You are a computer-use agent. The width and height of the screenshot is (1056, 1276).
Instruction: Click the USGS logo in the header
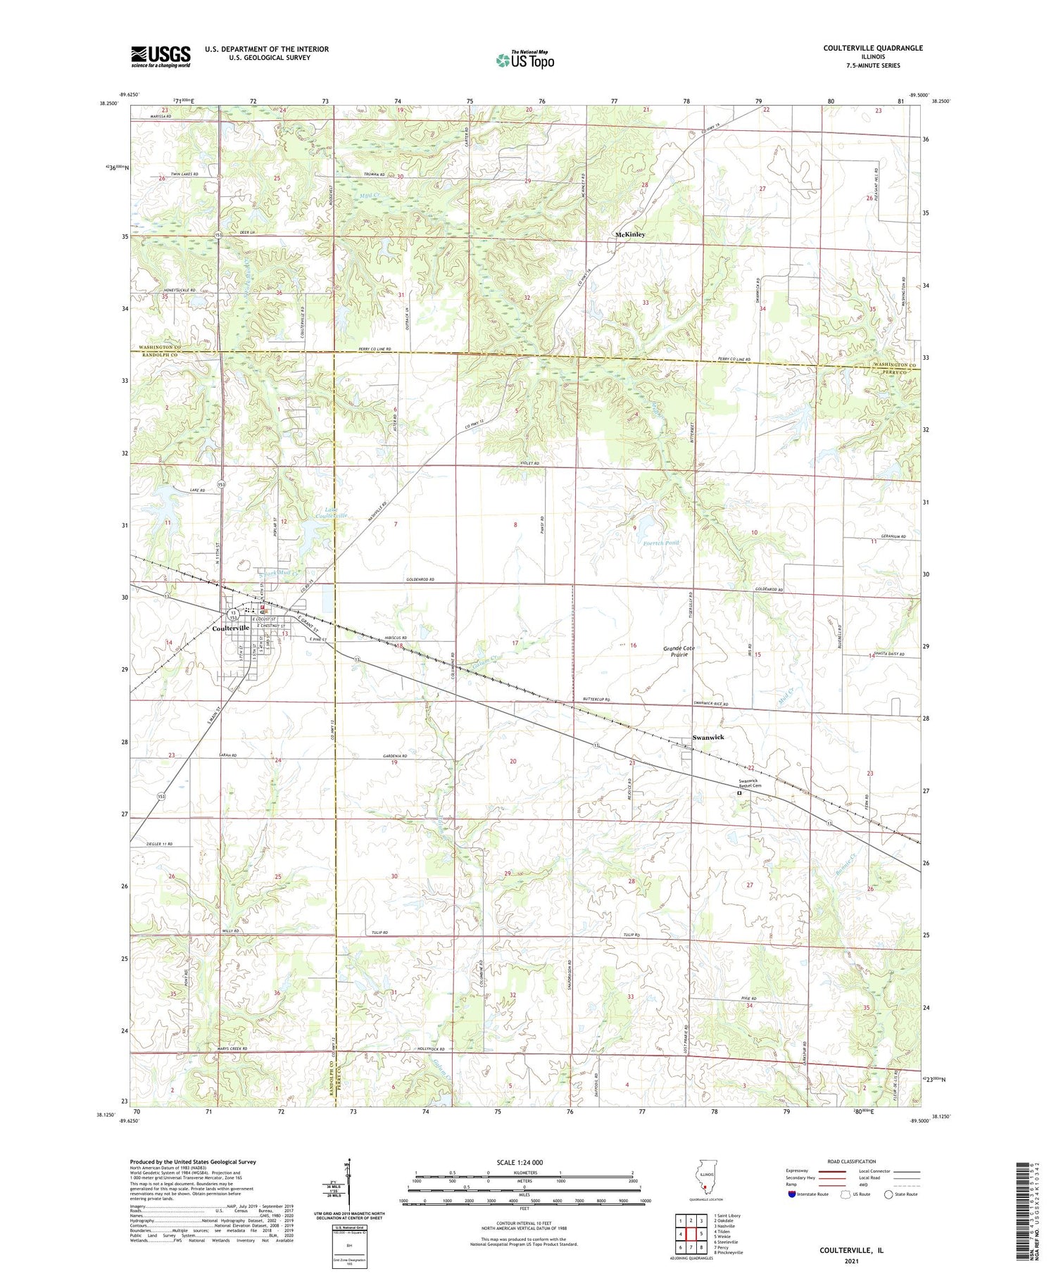(x=161, y=56)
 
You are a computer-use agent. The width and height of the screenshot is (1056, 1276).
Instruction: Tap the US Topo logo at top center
(x=524, y=60)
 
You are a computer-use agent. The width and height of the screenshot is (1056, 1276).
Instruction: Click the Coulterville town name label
(x=230, y=628)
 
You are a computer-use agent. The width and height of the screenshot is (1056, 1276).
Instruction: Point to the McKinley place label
(x=630, y=234)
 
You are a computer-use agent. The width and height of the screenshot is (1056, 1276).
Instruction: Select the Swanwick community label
(x=708, y=737)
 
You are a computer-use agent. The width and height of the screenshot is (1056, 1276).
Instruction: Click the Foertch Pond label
(x=662, y=543)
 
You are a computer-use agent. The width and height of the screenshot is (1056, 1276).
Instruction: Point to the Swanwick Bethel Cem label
(x=748, y=783)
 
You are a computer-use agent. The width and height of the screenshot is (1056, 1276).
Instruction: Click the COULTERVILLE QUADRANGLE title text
(x=873, y=48)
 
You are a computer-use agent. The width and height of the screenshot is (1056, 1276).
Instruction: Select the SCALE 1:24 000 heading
(x=524, y=1162)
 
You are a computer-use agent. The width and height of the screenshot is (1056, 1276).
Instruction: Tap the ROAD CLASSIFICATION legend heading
(x=852, y=1161)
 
